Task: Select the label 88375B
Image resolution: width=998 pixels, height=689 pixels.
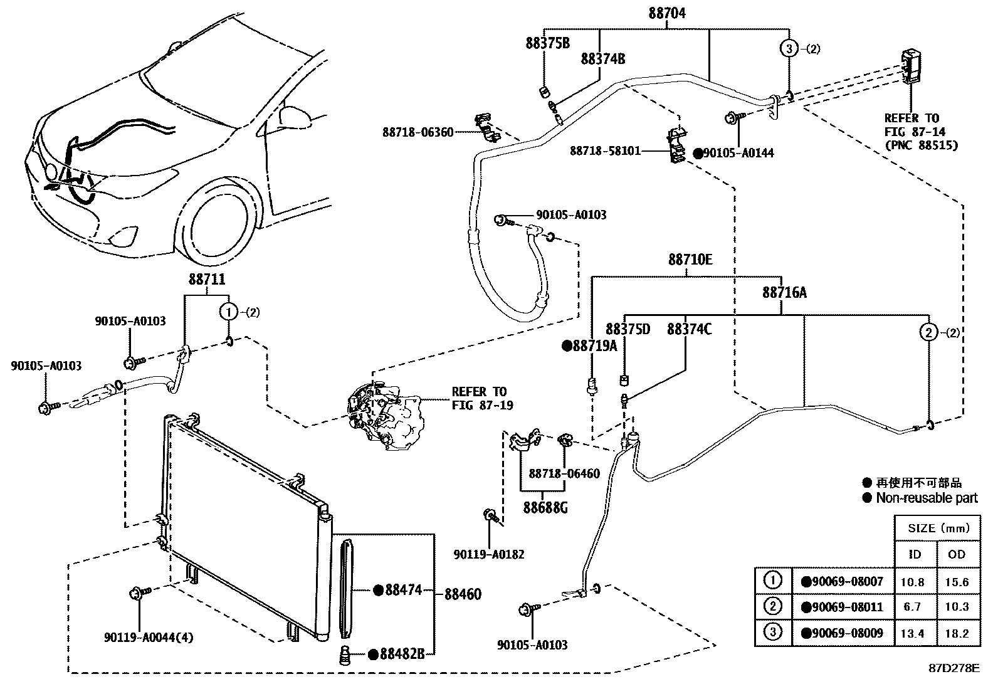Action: pos(547,43)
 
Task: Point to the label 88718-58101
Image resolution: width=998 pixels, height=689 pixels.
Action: pos(605,151)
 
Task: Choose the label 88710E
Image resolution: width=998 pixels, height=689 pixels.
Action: pos(690,260)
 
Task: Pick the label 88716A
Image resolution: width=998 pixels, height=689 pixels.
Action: pos(784,293)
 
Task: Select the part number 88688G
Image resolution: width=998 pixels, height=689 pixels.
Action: pos(545,507)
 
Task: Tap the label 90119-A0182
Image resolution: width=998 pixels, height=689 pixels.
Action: pos(488,554)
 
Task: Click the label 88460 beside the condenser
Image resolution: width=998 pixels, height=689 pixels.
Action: pos(463,593)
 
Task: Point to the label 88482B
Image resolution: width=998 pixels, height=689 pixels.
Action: pos(401,655)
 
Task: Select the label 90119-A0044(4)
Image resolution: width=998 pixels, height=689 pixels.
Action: pos(149,638)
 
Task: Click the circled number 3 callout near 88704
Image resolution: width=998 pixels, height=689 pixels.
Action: pos(789,48)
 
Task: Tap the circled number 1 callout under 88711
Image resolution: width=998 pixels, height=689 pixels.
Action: pos(229,312)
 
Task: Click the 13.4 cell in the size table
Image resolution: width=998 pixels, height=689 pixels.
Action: pos(912,634)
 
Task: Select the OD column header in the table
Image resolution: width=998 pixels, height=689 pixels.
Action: pos(957,555)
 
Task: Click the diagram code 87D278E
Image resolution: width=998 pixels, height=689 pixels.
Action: pos(953,668)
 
